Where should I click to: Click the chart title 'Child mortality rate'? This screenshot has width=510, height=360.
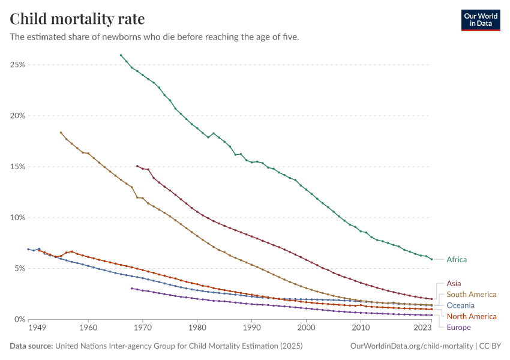(77, 19)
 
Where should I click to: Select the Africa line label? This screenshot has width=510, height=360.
(457, 260)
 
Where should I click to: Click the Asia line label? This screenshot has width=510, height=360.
(454, 283)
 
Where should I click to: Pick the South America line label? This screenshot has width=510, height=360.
(472, 295)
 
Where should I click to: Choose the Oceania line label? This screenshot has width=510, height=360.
(461, 305)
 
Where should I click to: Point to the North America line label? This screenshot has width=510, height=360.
(472, 316)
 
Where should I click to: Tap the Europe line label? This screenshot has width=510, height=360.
(459, 328)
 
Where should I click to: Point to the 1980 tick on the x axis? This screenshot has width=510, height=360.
(197, 329)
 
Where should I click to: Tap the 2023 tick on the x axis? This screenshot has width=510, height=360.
(422, 329)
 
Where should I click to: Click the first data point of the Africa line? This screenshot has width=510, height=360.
(121, 55)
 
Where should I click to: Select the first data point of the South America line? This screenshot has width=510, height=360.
(61, 133)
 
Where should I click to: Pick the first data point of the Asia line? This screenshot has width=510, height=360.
(137, 166)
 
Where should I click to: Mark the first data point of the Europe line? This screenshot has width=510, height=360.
(131, 289)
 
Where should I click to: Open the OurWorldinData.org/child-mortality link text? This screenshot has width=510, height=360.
(411, 346)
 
